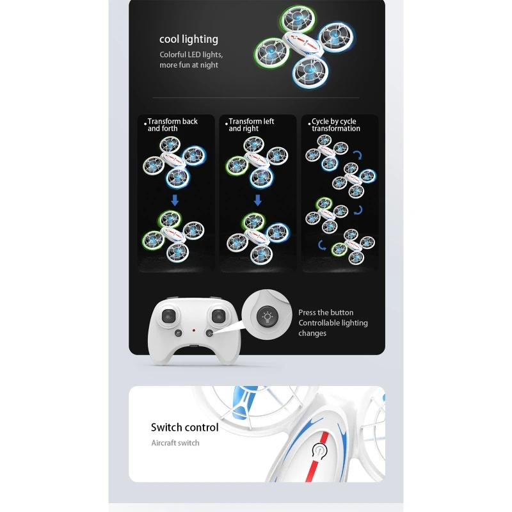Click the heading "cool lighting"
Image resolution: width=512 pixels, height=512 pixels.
tap(189, 39)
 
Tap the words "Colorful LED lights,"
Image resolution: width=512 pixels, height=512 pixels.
tap(191, 54)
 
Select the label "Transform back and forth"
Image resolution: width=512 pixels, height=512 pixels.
tap(172, 125)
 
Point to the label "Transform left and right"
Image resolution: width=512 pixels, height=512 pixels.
tap(251, 125)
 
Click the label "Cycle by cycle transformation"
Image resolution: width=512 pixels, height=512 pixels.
tap(335, 125)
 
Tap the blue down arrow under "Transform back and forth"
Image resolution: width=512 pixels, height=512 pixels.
tap(175, 200)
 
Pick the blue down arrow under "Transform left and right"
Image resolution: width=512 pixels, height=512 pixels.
tap(258, 200)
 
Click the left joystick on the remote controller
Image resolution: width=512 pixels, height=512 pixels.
tap(168, 316)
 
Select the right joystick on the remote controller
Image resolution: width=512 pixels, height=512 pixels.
tap(218, 316)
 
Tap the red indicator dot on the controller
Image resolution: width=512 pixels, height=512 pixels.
tap(194, 330)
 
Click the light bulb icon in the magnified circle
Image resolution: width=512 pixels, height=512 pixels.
tap(267, 317)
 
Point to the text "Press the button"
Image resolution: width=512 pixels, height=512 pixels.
tap(326, 312)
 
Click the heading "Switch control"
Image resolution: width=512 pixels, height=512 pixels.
tap(184, 428)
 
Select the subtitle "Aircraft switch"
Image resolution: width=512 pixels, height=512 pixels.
tap(175, 443)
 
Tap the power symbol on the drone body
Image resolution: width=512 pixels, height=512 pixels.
tap(319, 451)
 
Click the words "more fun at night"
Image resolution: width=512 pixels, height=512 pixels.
tap(189, 65)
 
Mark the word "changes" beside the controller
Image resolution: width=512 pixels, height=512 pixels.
tap(312, 333)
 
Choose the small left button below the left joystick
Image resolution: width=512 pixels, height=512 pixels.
tap(179, 333)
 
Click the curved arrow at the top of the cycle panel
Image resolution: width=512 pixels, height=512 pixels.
tap(358, 155)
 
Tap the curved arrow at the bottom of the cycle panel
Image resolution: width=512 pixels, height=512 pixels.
tap(322, 246)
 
